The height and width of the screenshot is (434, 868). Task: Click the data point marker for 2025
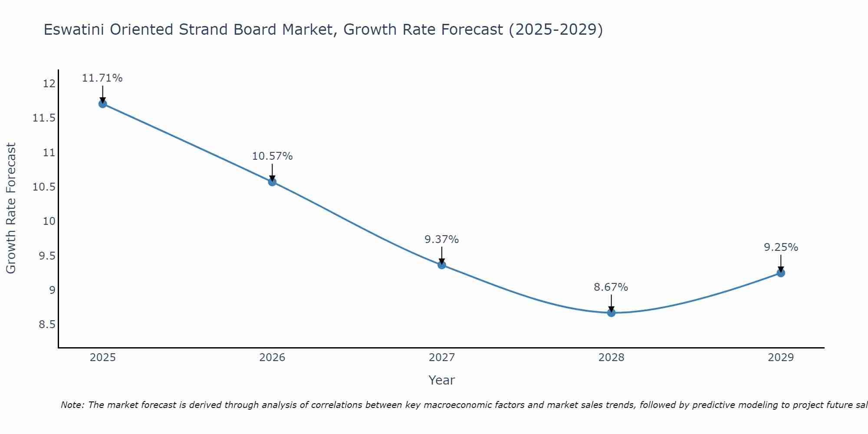point(103,104)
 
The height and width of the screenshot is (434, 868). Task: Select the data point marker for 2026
point(272,182)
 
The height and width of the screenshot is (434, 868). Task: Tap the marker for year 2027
point(442,265)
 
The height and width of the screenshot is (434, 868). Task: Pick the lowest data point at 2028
point(611,312)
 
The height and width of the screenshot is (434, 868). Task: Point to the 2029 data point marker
point(781,273)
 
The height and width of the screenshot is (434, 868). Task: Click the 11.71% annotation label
point(102,78)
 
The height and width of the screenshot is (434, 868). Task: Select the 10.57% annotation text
point(272,156)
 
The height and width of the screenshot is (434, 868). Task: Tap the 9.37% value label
point(441,240)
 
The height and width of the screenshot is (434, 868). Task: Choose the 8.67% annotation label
point(611,287)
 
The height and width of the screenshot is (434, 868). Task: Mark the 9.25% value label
point(781,247)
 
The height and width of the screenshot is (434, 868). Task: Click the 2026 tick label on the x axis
point(272,358)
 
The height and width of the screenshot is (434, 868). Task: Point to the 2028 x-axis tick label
point(611,358)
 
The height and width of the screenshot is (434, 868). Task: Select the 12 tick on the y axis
point(49,84)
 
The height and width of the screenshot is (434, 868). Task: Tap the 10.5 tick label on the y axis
point(44,187)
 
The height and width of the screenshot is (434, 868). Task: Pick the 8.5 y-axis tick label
point(47,325)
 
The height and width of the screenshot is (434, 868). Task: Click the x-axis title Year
point(441,380)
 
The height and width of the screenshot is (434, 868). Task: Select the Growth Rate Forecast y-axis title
point(11,208)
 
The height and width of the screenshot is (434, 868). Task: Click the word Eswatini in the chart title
point(75,30)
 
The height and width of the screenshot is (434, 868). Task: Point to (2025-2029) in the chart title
point(556,30)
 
